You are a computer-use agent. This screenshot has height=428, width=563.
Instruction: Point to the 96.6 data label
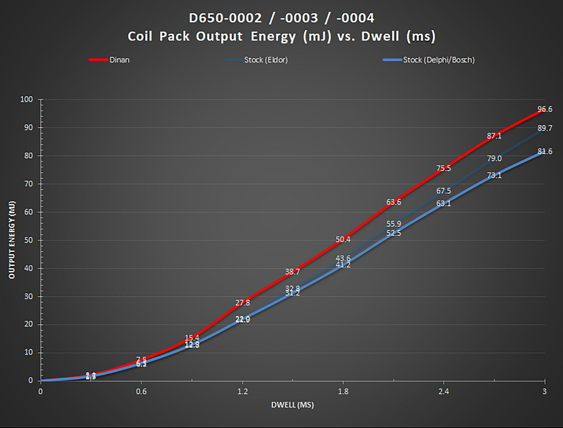[x=545, y=109]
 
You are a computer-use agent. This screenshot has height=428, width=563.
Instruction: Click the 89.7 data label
[x=545, y=128]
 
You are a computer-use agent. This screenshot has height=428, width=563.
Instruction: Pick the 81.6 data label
[x=545, y=152]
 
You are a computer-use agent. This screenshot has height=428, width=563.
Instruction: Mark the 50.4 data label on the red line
[x=343, y=240]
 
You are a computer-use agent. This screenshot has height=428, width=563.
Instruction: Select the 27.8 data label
[x=242, y=303]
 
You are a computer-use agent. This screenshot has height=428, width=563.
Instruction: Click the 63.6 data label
[x=393, y=202]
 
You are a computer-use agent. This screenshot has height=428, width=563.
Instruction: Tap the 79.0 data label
[x=494, y=158]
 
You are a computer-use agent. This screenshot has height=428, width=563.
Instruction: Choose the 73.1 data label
[x=494, y=175]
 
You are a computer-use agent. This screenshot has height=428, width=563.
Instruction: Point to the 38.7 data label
[x=292, y=272]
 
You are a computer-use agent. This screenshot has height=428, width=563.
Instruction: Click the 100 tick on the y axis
[x=27, y=100]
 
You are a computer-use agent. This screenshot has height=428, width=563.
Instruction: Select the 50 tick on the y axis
[x=28, y=240]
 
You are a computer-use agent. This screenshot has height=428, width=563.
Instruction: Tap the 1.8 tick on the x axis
[x=343, y=391]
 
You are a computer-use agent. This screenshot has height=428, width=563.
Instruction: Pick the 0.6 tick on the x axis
[x=141, y=391]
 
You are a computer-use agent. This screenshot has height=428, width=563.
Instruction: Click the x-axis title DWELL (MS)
[x=292, y=405]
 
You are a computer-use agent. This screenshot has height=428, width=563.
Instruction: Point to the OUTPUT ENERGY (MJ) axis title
[x=12, y=240]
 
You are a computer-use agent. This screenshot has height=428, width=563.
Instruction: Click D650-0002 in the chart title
[x=225, y=18]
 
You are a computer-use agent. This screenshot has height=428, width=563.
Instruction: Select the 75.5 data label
[x=444, y=168]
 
